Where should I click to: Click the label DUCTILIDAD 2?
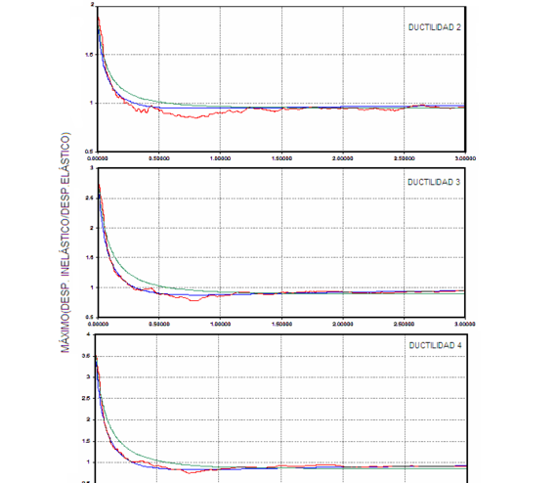pyautogui.click(x=435, y=27)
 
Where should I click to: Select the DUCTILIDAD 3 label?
pyautogui.click(x=435, y=182)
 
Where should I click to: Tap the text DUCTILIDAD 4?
pyautogui.click(x=435, y=345)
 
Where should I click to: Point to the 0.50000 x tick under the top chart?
pyautogui.click(x=159, y=156)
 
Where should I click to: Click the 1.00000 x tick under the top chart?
pyautogui.click(x=220, y=156)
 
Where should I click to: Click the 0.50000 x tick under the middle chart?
pyautogui.click(x=159, y=321)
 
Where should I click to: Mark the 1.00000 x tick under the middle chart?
pyautogui.click(x=220, y=321)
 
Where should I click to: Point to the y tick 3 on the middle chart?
pyautogui.click(x=91, y=168)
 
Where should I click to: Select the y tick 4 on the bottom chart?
pyautogui.click(x=91, y=334)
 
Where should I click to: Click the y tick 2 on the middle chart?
pyautogui.click(x=91, y=228)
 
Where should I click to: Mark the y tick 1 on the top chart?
pyautogui.click(x=91, y=103)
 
